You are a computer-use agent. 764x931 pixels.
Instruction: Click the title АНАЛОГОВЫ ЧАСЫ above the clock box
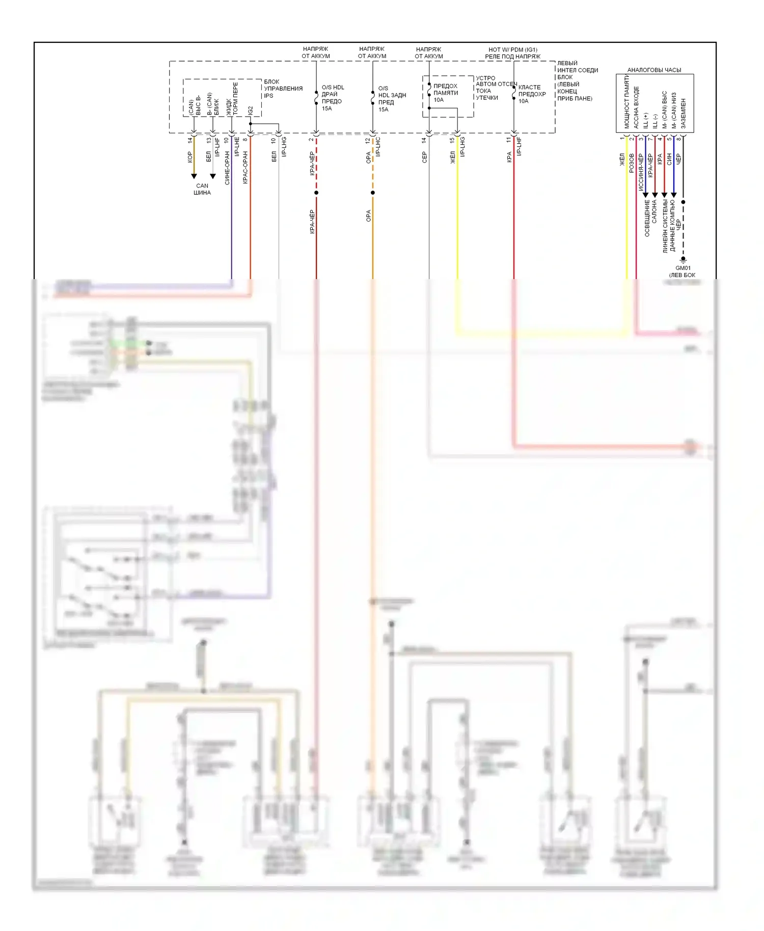click(654, 70)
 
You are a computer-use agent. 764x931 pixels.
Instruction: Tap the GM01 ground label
click(683, 268)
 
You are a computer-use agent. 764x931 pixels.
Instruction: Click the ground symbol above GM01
click(683, 259)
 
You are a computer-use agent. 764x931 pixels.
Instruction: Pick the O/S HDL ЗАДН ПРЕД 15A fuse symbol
click(373, 97)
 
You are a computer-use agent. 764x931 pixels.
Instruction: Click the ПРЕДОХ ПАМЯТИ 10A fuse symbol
click(429, 90)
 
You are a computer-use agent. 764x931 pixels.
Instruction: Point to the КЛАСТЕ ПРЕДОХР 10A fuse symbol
click(514, 94)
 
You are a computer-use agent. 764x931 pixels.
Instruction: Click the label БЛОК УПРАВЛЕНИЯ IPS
click(283, 89)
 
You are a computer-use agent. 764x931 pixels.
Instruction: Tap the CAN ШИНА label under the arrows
click(202, 189)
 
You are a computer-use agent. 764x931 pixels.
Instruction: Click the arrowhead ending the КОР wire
click(194, 176)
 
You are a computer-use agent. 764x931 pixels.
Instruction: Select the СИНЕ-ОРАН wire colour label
click(227, 168)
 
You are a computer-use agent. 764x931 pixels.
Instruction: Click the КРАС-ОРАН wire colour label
click(245, 167)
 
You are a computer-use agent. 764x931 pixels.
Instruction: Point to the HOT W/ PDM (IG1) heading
click(512, 49)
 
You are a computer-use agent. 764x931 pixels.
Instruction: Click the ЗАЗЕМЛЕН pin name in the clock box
click(683, 113)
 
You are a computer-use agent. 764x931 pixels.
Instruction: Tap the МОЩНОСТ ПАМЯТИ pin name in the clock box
click(626, 104)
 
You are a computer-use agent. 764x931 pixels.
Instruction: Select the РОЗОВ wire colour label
click(632, 163)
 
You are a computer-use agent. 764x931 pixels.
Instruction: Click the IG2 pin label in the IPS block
click(250, 111)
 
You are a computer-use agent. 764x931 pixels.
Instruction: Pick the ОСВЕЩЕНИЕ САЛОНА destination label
click(650, 217)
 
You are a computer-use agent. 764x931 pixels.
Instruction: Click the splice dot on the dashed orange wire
click(373, 193)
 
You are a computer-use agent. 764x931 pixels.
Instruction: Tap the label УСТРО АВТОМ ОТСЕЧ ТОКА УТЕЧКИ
click(495, 88)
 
